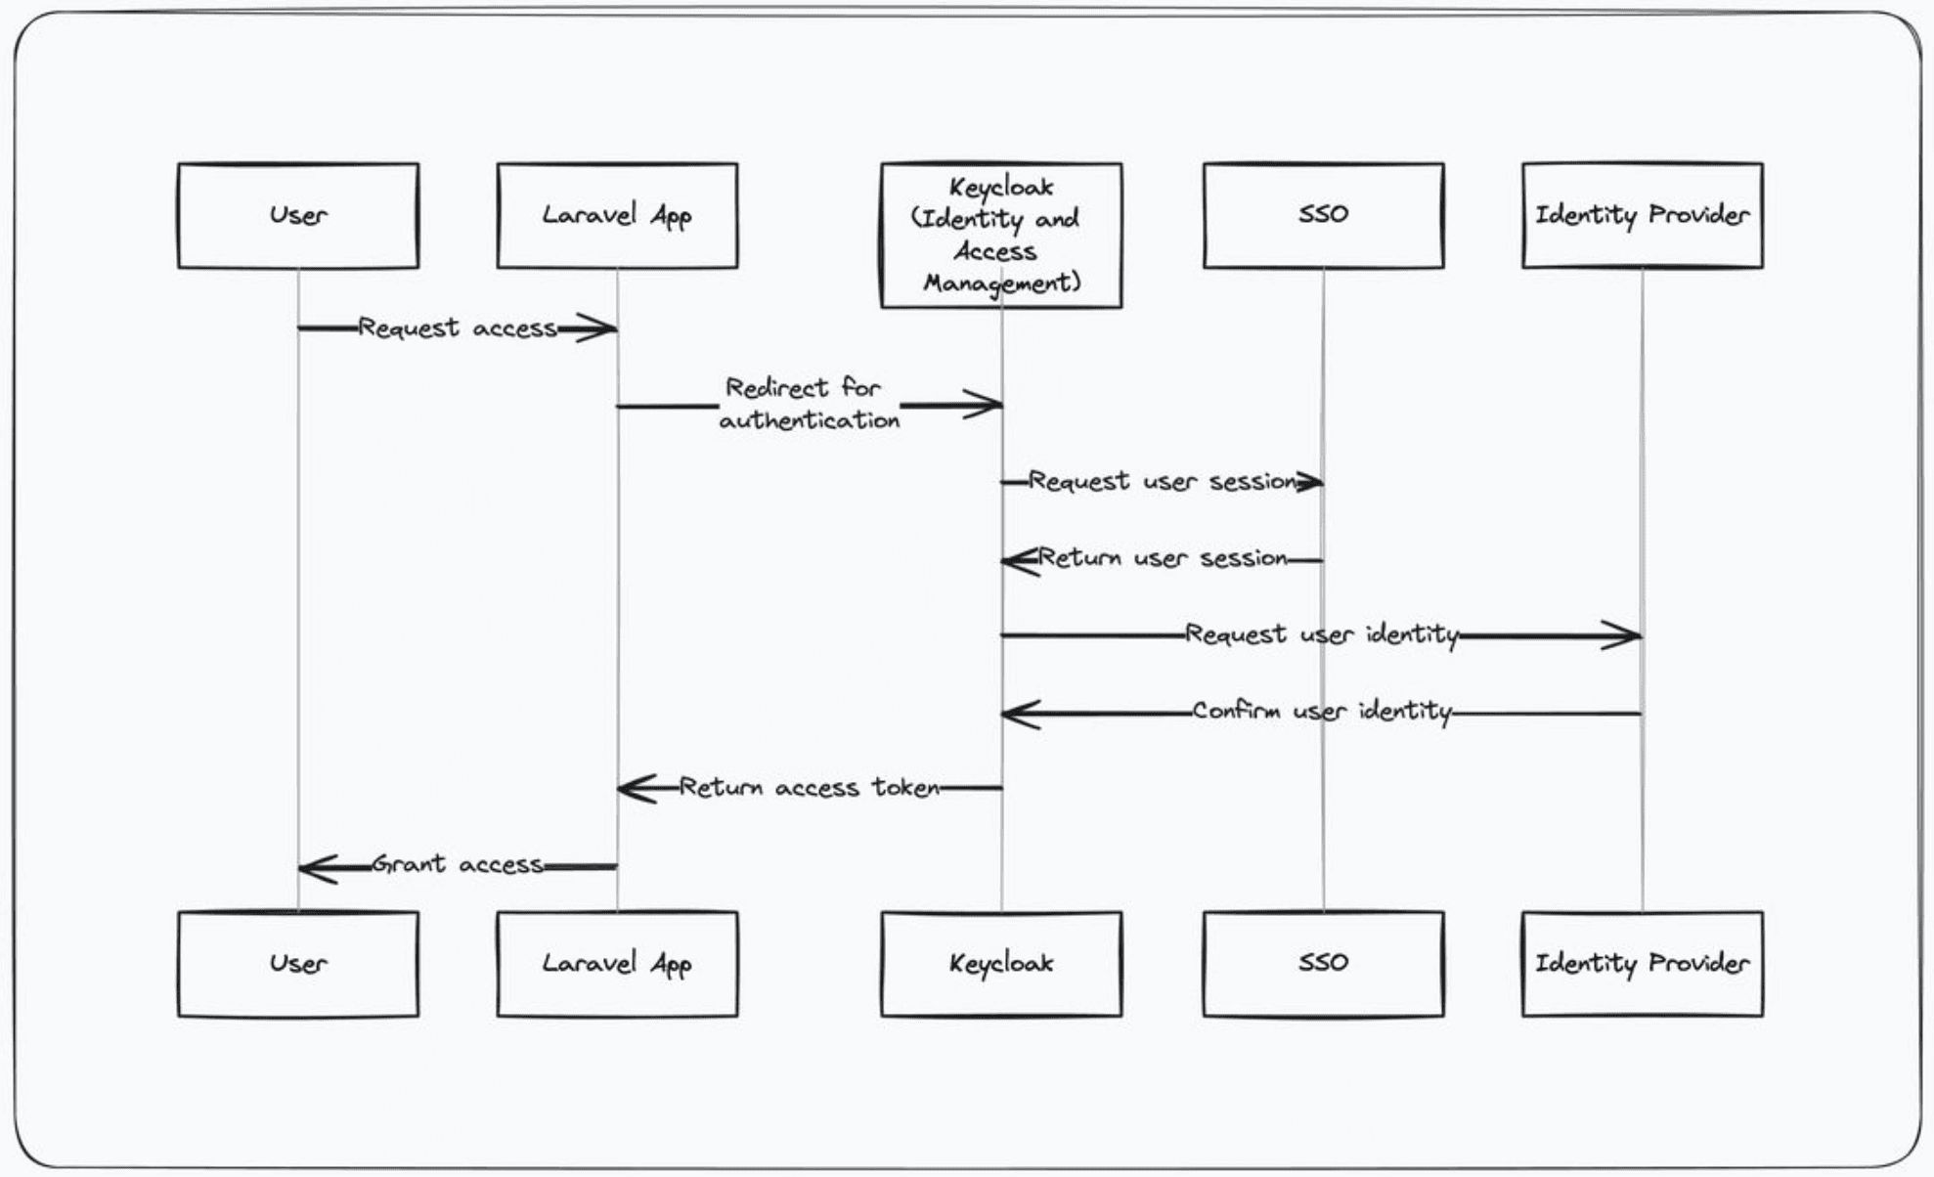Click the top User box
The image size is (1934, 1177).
[298, 215]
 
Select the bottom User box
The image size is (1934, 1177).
[298, 964]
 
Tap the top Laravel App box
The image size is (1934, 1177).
[617, 215]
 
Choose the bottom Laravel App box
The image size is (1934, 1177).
[617, 964]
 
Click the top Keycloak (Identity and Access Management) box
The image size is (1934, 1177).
[1000, 236]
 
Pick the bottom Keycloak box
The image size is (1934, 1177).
[1000, 964]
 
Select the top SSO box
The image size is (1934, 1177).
[1323, 215]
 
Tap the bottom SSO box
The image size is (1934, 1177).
[1323, 964]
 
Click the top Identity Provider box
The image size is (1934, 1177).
[1642, 215]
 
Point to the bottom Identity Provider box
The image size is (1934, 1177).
[1642, 964]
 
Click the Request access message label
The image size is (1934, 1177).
[458, 327]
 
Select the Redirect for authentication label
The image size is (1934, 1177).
[809, 404]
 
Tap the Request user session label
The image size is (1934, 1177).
[1162, 481]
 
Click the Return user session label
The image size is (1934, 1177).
[1162, 558]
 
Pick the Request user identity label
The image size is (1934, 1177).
[1321, 634]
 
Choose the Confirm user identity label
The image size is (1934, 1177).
[1321, 711]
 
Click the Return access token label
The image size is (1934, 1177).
[809, 787]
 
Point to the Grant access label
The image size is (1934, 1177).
[458, 864]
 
